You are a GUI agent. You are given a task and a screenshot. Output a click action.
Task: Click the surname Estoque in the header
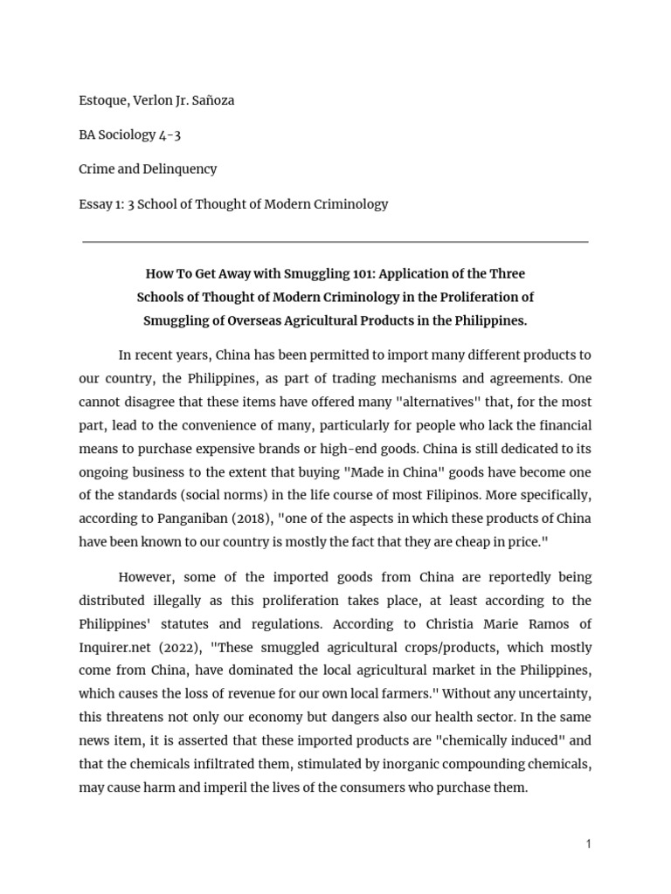tap(104, 100)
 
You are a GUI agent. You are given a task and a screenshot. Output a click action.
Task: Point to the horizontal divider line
tap(335, 242)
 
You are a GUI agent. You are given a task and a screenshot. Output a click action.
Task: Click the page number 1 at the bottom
tap(589, 844)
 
